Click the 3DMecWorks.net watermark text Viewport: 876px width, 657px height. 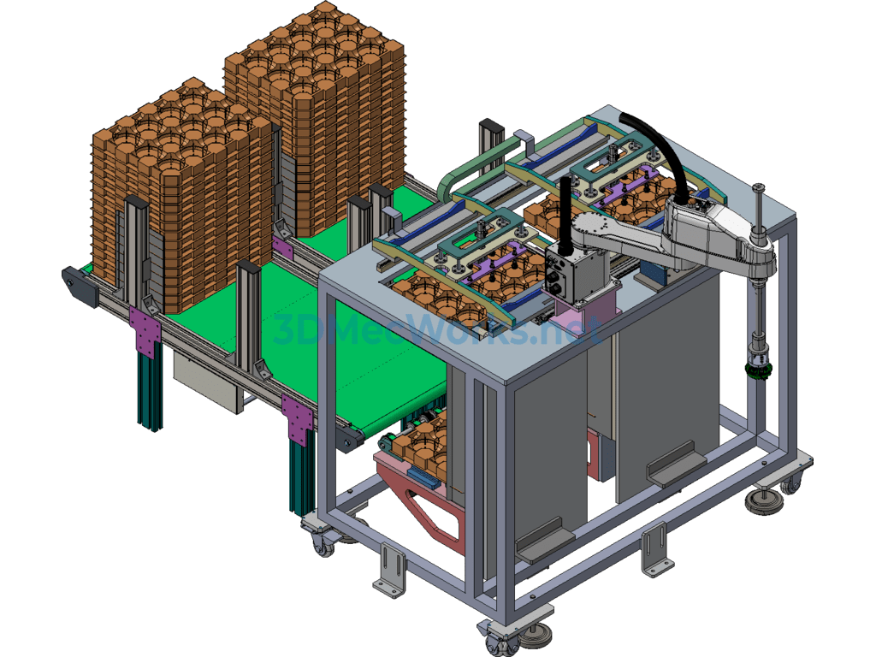pyautogui.click(x=437, y=329)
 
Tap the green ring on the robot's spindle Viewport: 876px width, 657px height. pyautogui.click(x=758, y=370)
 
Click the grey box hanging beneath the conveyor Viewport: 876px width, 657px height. pyautogui.click(x=208, y=381)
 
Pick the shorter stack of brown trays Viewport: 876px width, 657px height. pyautogui.click(x=181, y=196)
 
